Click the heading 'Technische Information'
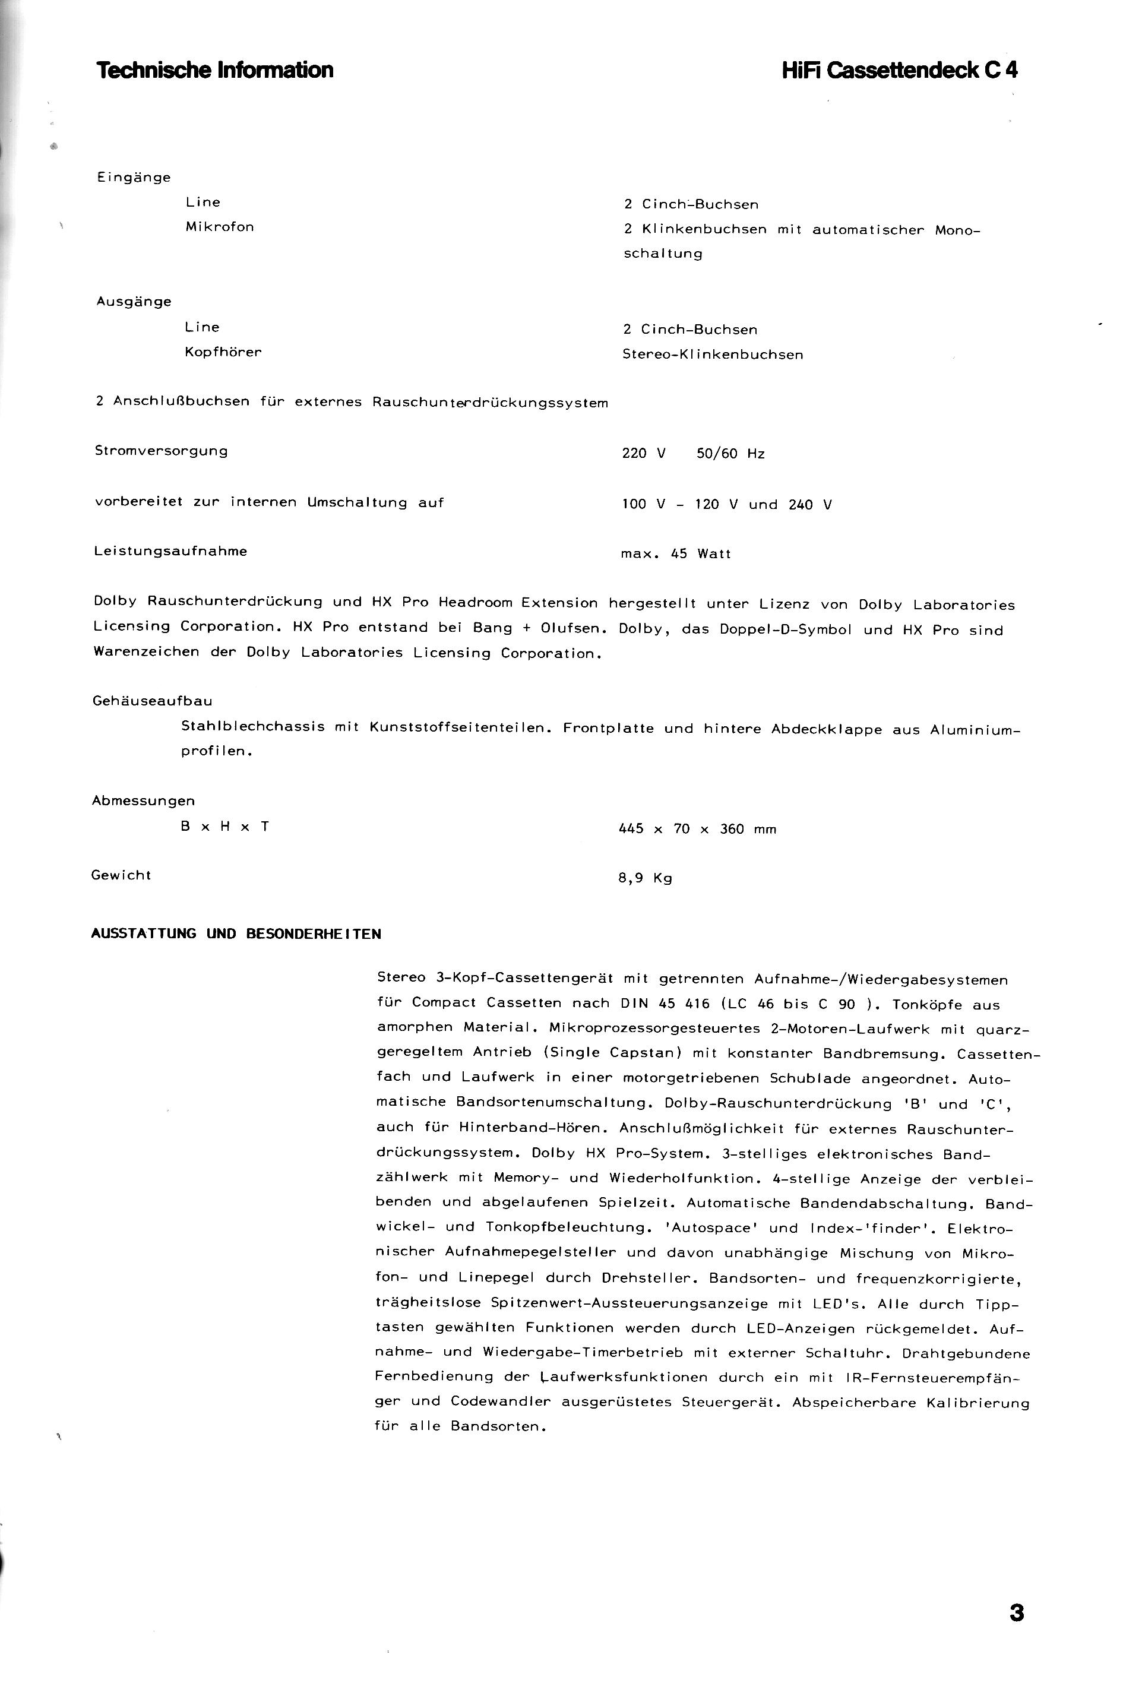[x=215, y=71]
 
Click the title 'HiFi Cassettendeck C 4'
[x=900, y=71]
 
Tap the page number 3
[x=1017, y=1613]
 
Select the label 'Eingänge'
[x=133, y=178]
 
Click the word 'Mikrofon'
[x=219, y=227]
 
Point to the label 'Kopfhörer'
[x=223, y=353]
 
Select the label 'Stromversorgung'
[x=161, y=451]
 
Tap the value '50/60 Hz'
[x=730, y=454]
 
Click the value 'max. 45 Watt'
[x=675, y=554]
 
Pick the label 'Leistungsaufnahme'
[x=170, y=551]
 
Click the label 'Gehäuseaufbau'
[x=152, y=701]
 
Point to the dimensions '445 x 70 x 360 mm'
[x=697, y=830]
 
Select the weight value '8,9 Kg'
[x=644, y=878]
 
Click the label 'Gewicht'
[x=121, y=875]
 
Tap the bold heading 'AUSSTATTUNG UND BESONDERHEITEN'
[x=236, y=934]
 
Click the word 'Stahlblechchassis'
[x=253, y=727]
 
